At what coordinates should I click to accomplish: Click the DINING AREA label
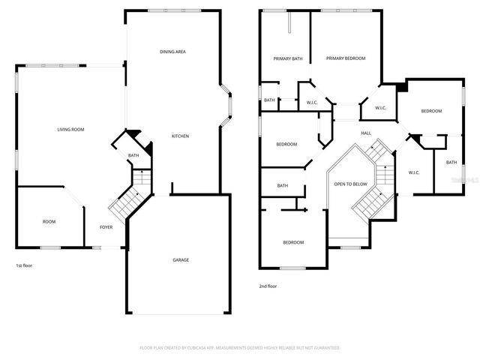(x=172, y=52)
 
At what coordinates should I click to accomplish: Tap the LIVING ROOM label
(x=70, y=130)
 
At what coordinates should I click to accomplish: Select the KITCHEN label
(x=180, y=136)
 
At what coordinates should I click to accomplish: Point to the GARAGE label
(x=181, y=260)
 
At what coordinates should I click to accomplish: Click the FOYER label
(x=107, y=227)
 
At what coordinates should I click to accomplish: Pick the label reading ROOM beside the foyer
(x=49, y=221)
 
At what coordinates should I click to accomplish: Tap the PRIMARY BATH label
(x=287, y=58)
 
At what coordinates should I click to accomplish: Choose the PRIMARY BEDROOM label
(x=346, y=58)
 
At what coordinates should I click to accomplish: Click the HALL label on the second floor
(x=366, y=133)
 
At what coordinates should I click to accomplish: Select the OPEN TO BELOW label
(x=350, y=184)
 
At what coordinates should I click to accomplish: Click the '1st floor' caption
(x=24, y=265)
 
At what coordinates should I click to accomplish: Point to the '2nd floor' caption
(x=267, y=286)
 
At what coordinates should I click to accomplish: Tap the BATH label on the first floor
(x=133, y=156)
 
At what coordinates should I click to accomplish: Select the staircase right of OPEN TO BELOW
(x=375, y=191)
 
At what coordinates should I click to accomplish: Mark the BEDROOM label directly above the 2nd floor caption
(x=293, y=242)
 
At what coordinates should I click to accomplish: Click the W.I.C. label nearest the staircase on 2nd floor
(x=413, y=172)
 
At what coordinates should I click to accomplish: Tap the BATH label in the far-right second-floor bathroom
(x=451, y=163)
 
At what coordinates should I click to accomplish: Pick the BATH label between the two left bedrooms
(x=283, y=186)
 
